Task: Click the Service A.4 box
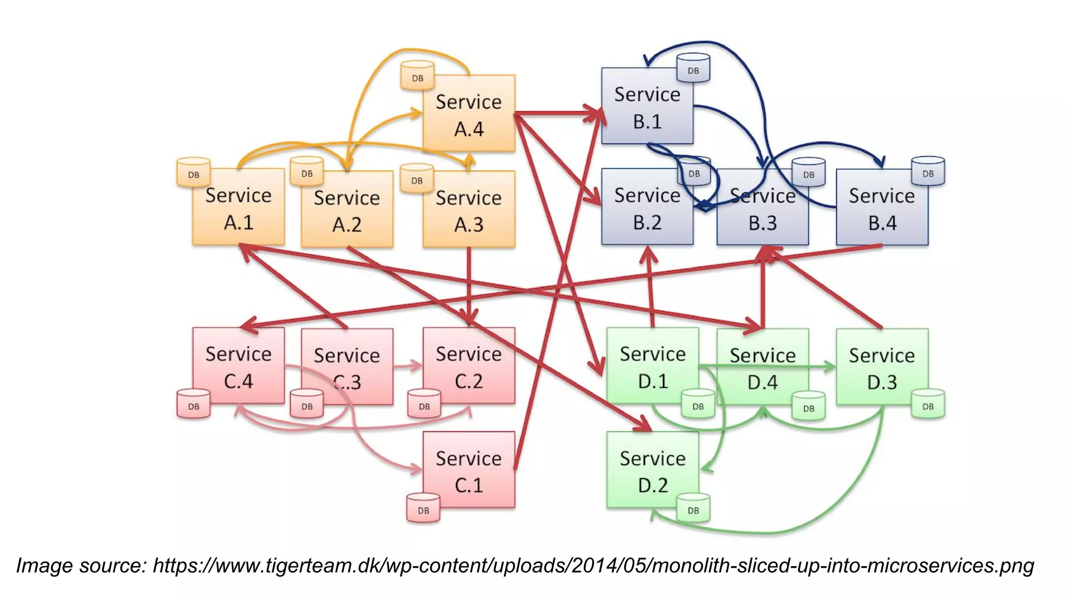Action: click(469, 115)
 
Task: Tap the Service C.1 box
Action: click(469, 471)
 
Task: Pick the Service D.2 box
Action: click(652, 471)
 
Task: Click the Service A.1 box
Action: click(239, 208)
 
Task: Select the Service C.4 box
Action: click(239, 367)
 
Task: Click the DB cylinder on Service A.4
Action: click(417, 76)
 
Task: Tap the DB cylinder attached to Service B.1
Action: click(693, 68)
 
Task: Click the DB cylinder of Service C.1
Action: click(423, 508)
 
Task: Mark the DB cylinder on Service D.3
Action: click(928, 404)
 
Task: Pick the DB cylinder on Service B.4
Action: click(928, 171)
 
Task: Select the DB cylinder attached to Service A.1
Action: click(193, 172)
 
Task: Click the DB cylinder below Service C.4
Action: click(193, 404)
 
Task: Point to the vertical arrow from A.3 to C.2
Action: click(469, 284)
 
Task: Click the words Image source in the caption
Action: click(81, 566)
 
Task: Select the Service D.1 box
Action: click(652, 367)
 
